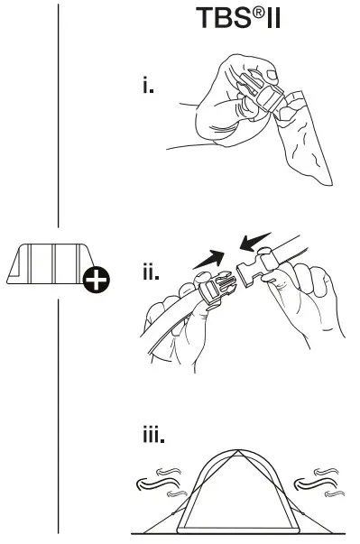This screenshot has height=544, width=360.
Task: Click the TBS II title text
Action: [x=237, y=19]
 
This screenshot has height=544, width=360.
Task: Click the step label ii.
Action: [x=151, y=272]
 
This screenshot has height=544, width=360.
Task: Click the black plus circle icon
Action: [x=95, y=281]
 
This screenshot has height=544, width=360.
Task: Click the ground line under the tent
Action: [x=235, y=534]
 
